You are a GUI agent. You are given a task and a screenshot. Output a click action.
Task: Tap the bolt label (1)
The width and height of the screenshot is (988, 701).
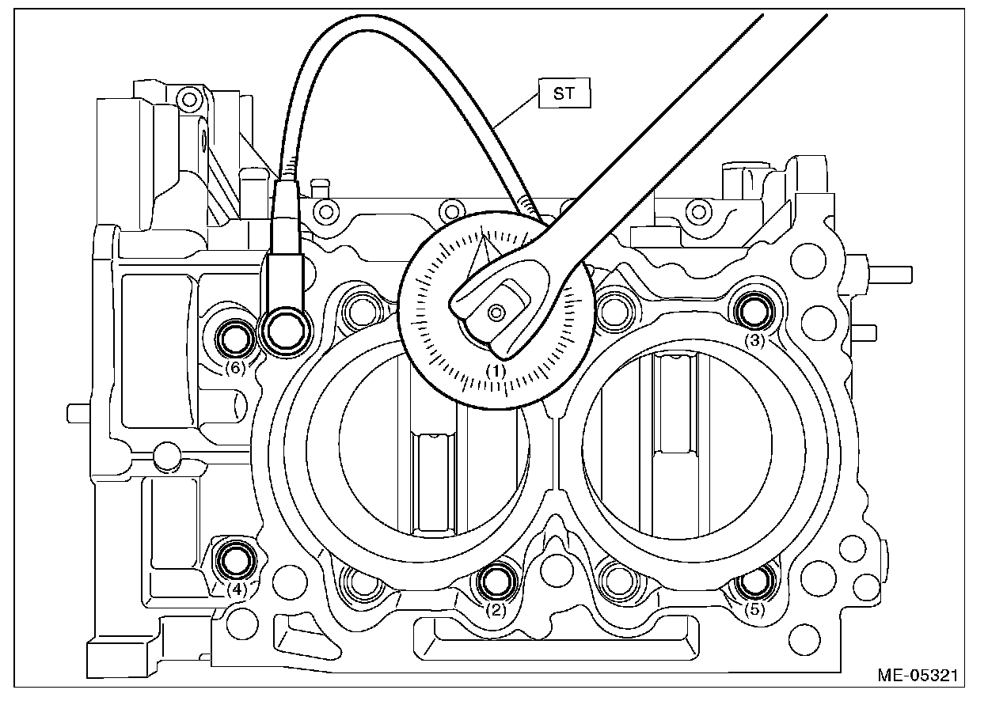click(x=496, y=369)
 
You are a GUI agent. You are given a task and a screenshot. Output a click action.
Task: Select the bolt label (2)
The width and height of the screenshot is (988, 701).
click(x=496, y=609)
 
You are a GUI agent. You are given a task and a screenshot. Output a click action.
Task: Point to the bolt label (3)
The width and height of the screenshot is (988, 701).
click(x=755, y=341)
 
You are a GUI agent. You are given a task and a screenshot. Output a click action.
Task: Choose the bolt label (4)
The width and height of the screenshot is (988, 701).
click(x=237, y=589)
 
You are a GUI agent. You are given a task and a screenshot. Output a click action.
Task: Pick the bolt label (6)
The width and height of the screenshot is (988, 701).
click(x=236, y=367)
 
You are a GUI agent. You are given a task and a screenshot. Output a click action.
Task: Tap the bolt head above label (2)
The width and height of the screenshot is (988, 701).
click(x=496, y=582)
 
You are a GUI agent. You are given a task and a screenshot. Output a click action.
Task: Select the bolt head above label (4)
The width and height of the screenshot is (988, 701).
click(x=236, y=560)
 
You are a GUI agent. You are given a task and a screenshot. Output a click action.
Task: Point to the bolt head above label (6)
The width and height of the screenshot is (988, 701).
click(x=235, y=339)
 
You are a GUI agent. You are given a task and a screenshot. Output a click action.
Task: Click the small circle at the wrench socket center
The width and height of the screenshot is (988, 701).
click(x=496, y=313)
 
